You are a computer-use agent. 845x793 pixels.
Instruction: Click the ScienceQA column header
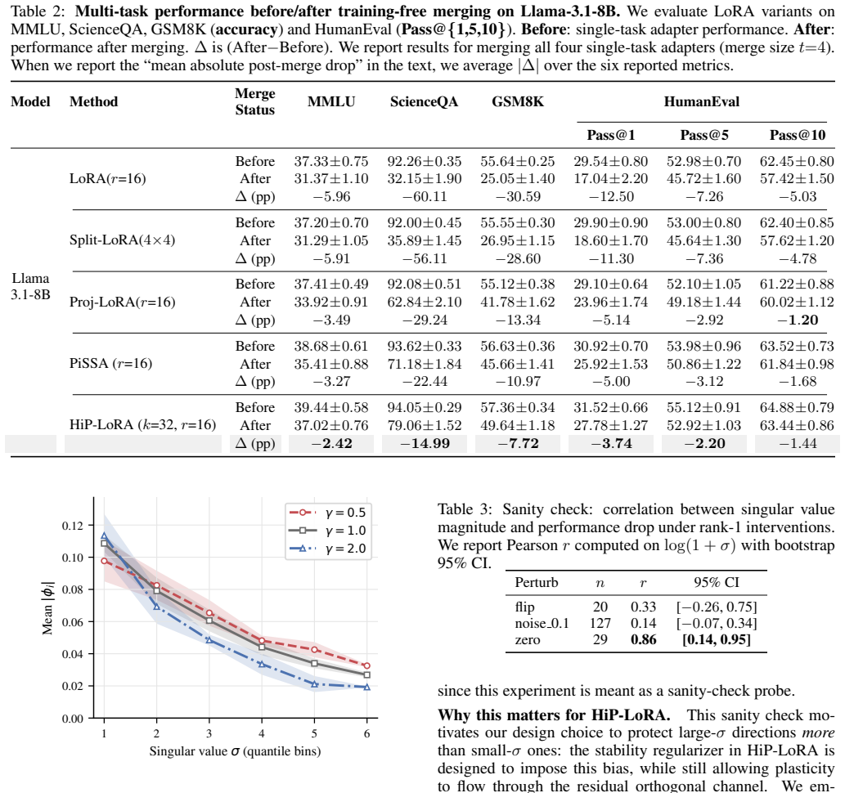424,102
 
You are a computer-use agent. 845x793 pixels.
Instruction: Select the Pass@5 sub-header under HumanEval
704,135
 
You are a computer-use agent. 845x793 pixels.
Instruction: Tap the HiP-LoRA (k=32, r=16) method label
143,425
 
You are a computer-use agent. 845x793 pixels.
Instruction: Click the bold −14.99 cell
425,443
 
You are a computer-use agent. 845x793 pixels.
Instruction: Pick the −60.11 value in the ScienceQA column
425,197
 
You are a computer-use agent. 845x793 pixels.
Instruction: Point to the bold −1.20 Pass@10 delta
798,320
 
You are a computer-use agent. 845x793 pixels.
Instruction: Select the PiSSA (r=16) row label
111,364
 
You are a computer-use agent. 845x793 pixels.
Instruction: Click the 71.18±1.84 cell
424,364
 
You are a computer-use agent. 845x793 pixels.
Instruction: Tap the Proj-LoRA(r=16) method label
123,302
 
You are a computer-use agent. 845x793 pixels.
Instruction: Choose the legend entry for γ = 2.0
328,549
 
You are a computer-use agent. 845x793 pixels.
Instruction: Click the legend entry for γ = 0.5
328,513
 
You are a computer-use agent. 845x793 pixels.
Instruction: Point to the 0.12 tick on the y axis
73,526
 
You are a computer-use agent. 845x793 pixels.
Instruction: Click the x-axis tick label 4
262,733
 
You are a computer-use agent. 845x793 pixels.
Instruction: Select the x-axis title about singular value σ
235,751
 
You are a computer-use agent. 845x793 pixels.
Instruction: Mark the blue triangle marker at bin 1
104,536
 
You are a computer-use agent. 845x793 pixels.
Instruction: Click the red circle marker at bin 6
367,665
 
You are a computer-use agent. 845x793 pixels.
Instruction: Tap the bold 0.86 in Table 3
644,639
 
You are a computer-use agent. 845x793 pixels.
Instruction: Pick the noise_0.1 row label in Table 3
542,623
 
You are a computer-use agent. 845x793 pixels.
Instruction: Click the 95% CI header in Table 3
717,582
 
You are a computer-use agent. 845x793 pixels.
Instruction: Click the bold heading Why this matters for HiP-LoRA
554,715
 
